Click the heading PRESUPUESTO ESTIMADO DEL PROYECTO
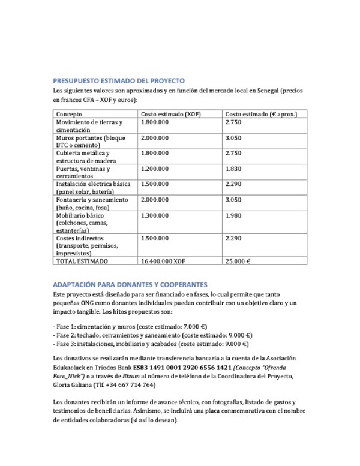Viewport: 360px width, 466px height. pyautogui.click(x=119, y=80)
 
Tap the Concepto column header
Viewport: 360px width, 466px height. pyautogui.click(x=69, y=114)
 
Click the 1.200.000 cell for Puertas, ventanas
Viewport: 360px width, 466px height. pyautogui.click(x=155, y=169)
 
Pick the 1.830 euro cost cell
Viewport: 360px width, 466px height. pyautogui.click(x=233, y=169)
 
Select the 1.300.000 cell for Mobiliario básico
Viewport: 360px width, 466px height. pyautogui.click(x=155, y=215)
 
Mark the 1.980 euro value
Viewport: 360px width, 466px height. pyautogui.click(x=233, y=215)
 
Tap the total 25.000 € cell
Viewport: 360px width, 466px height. pyautogui.click(x=238, y=261)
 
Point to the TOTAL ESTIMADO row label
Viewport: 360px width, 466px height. pyautogui.click(x=82, y=261)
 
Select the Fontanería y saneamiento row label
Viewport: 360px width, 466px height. pyautogui.click(x=92, y=199)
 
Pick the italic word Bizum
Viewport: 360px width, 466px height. pyautogui.click(x=135, y=376)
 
